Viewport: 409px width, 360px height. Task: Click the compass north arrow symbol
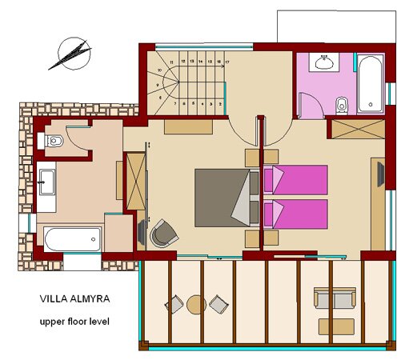(x=70, y=54)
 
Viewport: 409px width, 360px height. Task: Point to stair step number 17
(x=228, y=61)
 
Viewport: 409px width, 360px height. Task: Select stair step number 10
(x=160, y=70)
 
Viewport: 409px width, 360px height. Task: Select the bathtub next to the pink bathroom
(x=371, y=83)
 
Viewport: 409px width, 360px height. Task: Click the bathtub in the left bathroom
(x=72, y=238)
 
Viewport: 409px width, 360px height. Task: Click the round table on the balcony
(x=196, y=303)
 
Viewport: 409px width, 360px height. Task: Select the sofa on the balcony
(x=335, y=298)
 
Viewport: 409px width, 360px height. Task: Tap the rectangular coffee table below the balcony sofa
(x=336, y=326)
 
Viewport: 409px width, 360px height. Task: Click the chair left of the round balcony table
(x=174, y=304)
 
